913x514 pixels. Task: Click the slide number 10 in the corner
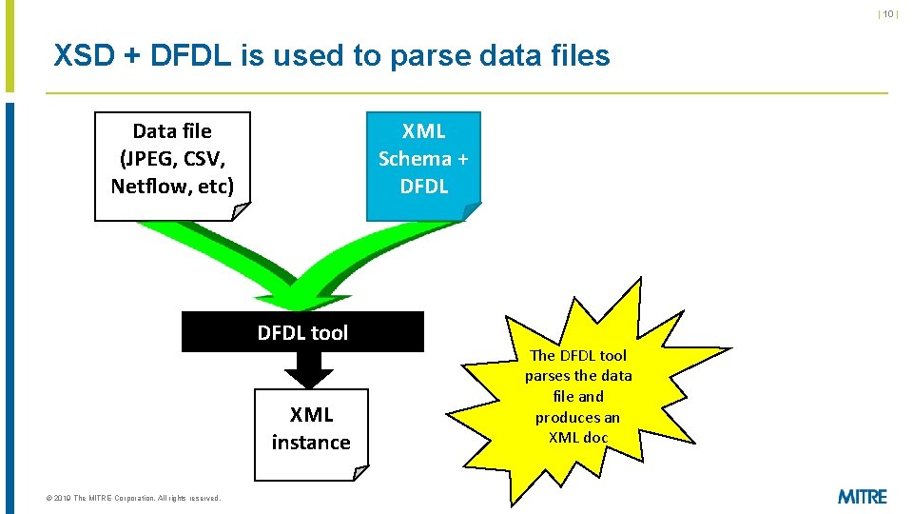[888, 14]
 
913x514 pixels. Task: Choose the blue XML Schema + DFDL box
[423, 166]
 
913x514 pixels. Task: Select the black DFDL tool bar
[302, 332]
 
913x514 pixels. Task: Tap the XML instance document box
[311, 433]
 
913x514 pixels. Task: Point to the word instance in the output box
[311, 443]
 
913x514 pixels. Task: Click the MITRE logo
[863, 496]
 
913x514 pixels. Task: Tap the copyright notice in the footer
[126, 498]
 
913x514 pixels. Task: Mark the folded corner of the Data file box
[242, 212]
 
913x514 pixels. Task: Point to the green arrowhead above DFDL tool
[300, 297]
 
